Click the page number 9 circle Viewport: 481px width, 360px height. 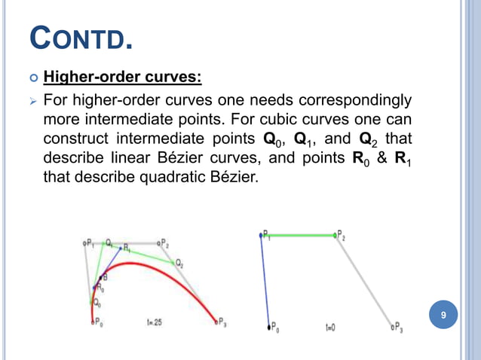coord(443,316)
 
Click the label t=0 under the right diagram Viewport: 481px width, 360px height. coord(331,328)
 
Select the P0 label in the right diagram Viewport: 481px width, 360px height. coord(275,328)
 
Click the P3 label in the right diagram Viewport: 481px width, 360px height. coord(397,328)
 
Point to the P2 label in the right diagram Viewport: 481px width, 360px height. coord(342,236)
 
